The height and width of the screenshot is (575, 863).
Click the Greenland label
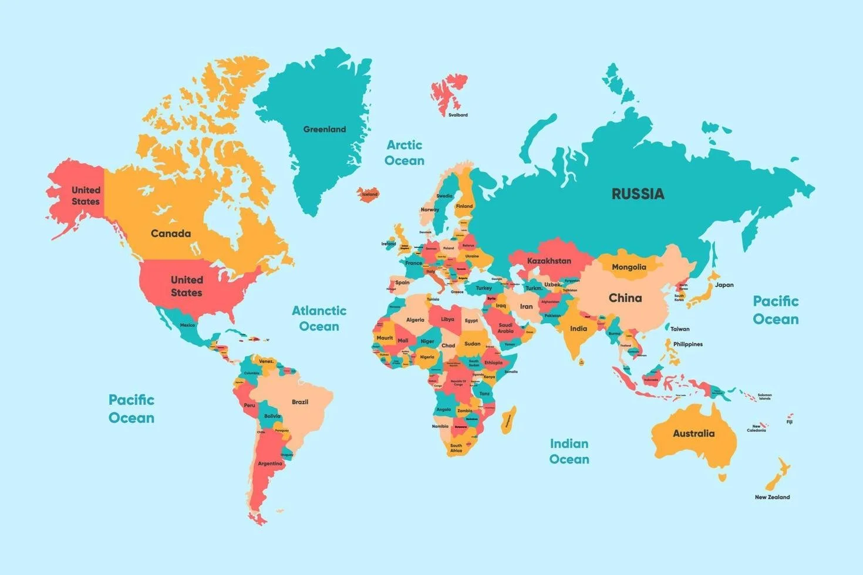pos(324,129)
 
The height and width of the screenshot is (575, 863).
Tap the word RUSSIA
pos(638,194)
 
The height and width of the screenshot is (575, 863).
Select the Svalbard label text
pos(458,115)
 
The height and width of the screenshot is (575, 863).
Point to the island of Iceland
pos(369,194)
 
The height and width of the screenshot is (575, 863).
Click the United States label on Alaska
pos(86,195)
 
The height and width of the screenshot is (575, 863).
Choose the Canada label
pos(171,234)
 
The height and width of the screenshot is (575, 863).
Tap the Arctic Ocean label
pos(404,153)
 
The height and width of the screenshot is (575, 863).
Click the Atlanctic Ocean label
pos(319,318)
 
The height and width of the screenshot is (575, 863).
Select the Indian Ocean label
pos(569,451)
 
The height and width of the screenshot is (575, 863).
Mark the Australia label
pos(693,434)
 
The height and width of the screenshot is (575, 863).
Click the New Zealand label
pos(772,497)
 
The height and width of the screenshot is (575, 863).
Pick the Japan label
pos(724,285)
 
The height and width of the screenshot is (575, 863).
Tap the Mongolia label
pos(629,267)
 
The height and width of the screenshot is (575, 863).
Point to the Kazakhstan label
pos(549,261)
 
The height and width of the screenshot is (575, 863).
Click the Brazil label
pos(300,402)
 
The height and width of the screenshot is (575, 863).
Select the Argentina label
pos(270,464)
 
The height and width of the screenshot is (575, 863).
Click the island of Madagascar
pos(508,420)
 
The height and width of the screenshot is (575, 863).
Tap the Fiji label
pos(790,422)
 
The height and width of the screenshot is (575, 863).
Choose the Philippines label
pos(687,344)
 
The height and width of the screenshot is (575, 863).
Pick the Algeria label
pos(415,320)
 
